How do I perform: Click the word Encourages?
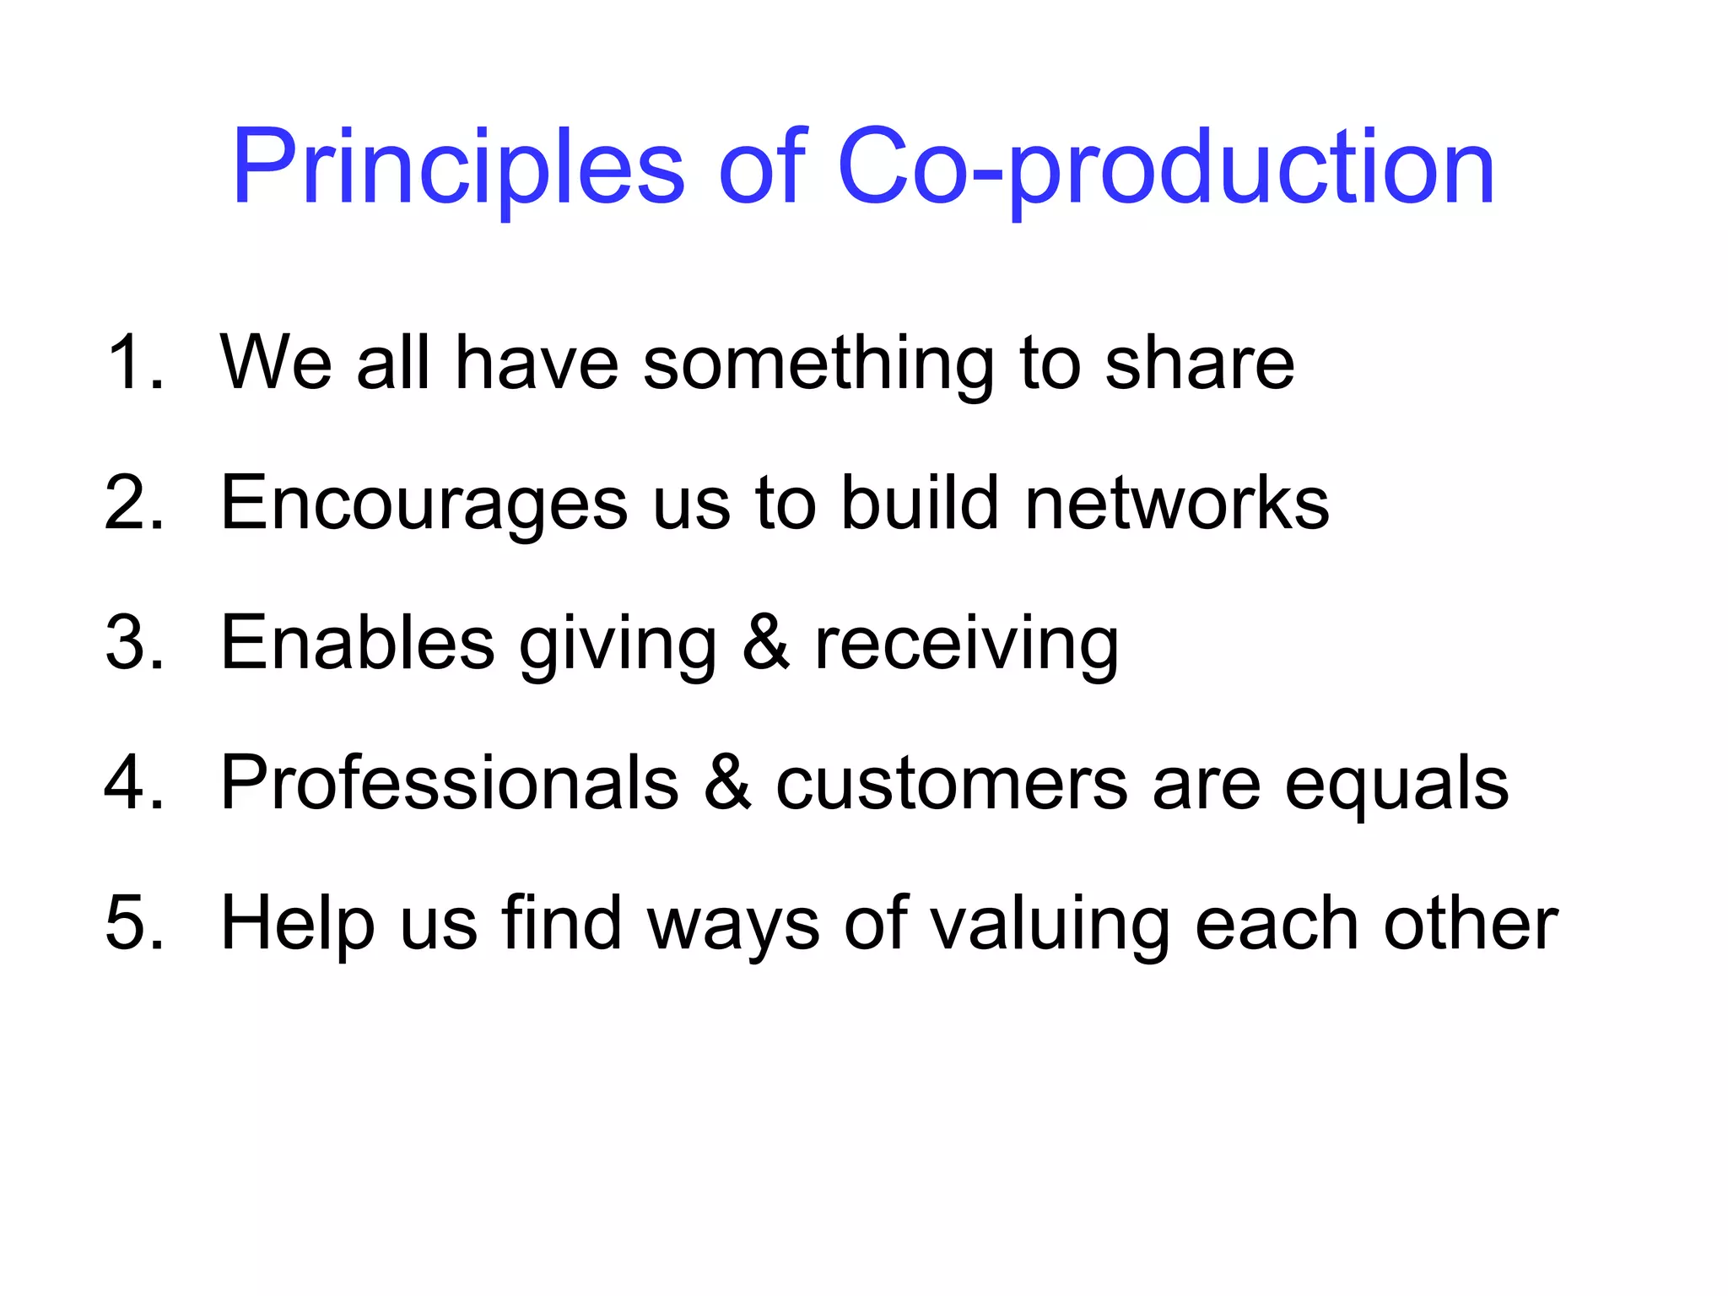pyautogui.click(x=424, y=505)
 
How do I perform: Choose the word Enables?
pyautogui.click(x=357, y=643)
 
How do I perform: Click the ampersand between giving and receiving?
pyautogui.click(x=766, y=643)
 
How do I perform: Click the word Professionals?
pyautogui.click(x=449, y=783)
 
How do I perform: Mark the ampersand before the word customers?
pyautogui.click(x=727, y=783)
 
